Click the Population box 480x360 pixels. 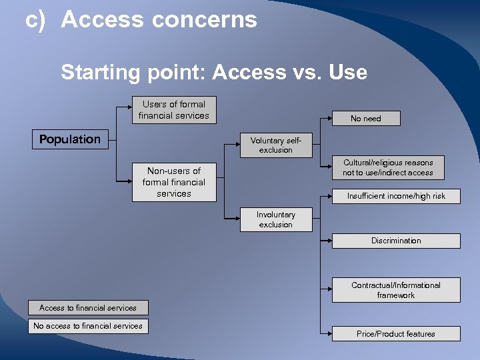70,139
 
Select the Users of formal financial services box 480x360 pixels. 173,110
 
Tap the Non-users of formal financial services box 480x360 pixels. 173,182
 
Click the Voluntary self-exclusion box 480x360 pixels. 276,145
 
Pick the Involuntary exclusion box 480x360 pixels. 276,219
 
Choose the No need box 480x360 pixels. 366,119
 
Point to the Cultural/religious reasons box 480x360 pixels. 388,167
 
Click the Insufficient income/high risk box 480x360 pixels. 396,196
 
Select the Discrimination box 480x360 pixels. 396,241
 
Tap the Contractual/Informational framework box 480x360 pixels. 396,290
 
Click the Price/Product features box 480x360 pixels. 396,334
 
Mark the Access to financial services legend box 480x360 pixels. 88,308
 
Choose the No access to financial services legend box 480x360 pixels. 88,326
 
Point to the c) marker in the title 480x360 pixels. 35,20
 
